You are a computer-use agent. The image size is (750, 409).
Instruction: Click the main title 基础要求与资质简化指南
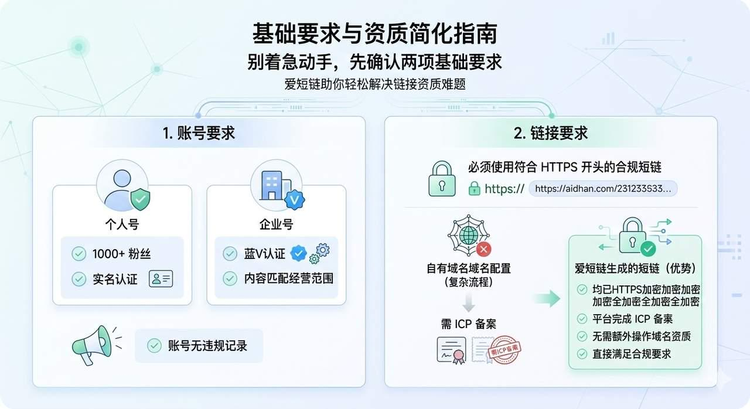click(x=374, y=33)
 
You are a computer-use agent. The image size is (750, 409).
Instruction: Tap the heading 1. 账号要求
click(x=199, y=133)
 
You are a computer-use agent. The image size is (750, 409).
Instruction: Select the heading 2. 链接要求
click(x=551, y=133)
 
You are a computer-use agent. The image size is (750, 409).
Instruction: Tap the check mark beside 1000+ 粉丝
click(x=79, y=254)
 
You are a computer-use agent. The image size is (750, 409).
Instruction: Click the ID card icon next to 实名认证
click(x=161, y=279)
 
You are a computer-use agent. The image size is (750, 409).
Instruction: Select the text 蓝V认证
click(x=264, y=254)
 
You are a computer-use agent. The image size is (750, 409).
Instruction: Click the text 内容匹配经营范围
click(x=288, y=278)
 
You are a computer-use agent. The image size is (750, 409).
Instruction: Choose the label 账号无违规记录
click(x=207, y=345)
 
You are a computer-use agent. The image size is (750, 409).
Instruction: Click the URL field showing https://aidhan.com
click(x=603, y=188)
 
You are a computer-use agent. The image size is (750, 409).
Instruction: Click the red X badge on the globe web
click(x=484, y=250)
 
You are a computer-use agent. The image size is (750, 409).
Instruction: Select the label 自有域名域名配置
click(x=468, y=268)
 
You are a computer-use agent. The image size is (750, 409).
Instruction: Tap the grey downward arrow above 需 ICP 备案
click(x=468, y=302)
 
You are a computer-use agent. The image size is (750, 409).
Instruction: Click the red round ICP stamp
click(x=506, y=350)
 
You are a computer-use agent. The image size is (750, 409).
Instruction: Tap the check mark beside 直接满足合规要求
click(x=582, y=354)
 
